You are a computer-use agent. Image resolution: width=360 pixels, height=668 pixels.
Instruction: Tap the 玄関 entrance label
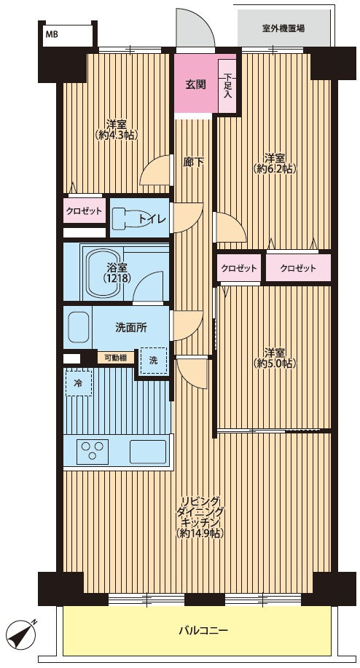195,85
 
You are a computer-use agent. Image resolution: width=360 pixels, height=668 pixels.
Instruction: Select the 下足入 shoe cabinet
227,87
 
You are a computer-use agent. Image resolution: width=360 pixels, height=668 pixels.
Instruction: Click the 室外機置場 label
283,28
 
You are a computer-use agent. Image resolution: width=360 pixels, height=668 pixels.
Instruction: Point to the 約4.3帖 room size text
117,135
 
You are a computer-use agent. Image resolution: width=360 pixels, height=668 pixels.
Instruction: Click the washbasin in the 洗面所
79,327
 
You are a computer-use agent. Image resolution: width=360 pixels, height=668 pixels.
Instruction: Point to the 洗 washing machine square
153,360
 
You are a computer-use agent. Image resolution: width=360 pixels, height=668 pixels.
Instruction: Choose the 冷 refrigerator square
79,382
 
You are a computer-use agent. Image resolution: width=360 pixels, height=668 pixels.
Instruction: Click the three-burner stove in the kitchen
93,451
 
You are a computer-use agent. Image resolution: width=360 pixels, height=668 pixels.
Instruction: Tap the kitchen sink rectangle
147,451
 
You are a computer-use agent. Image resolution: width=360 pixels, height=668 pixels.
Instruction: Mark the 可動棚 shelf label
115,358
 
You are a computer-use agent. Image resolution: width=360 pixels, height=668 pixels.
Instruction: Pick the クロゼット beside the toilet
84,211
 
